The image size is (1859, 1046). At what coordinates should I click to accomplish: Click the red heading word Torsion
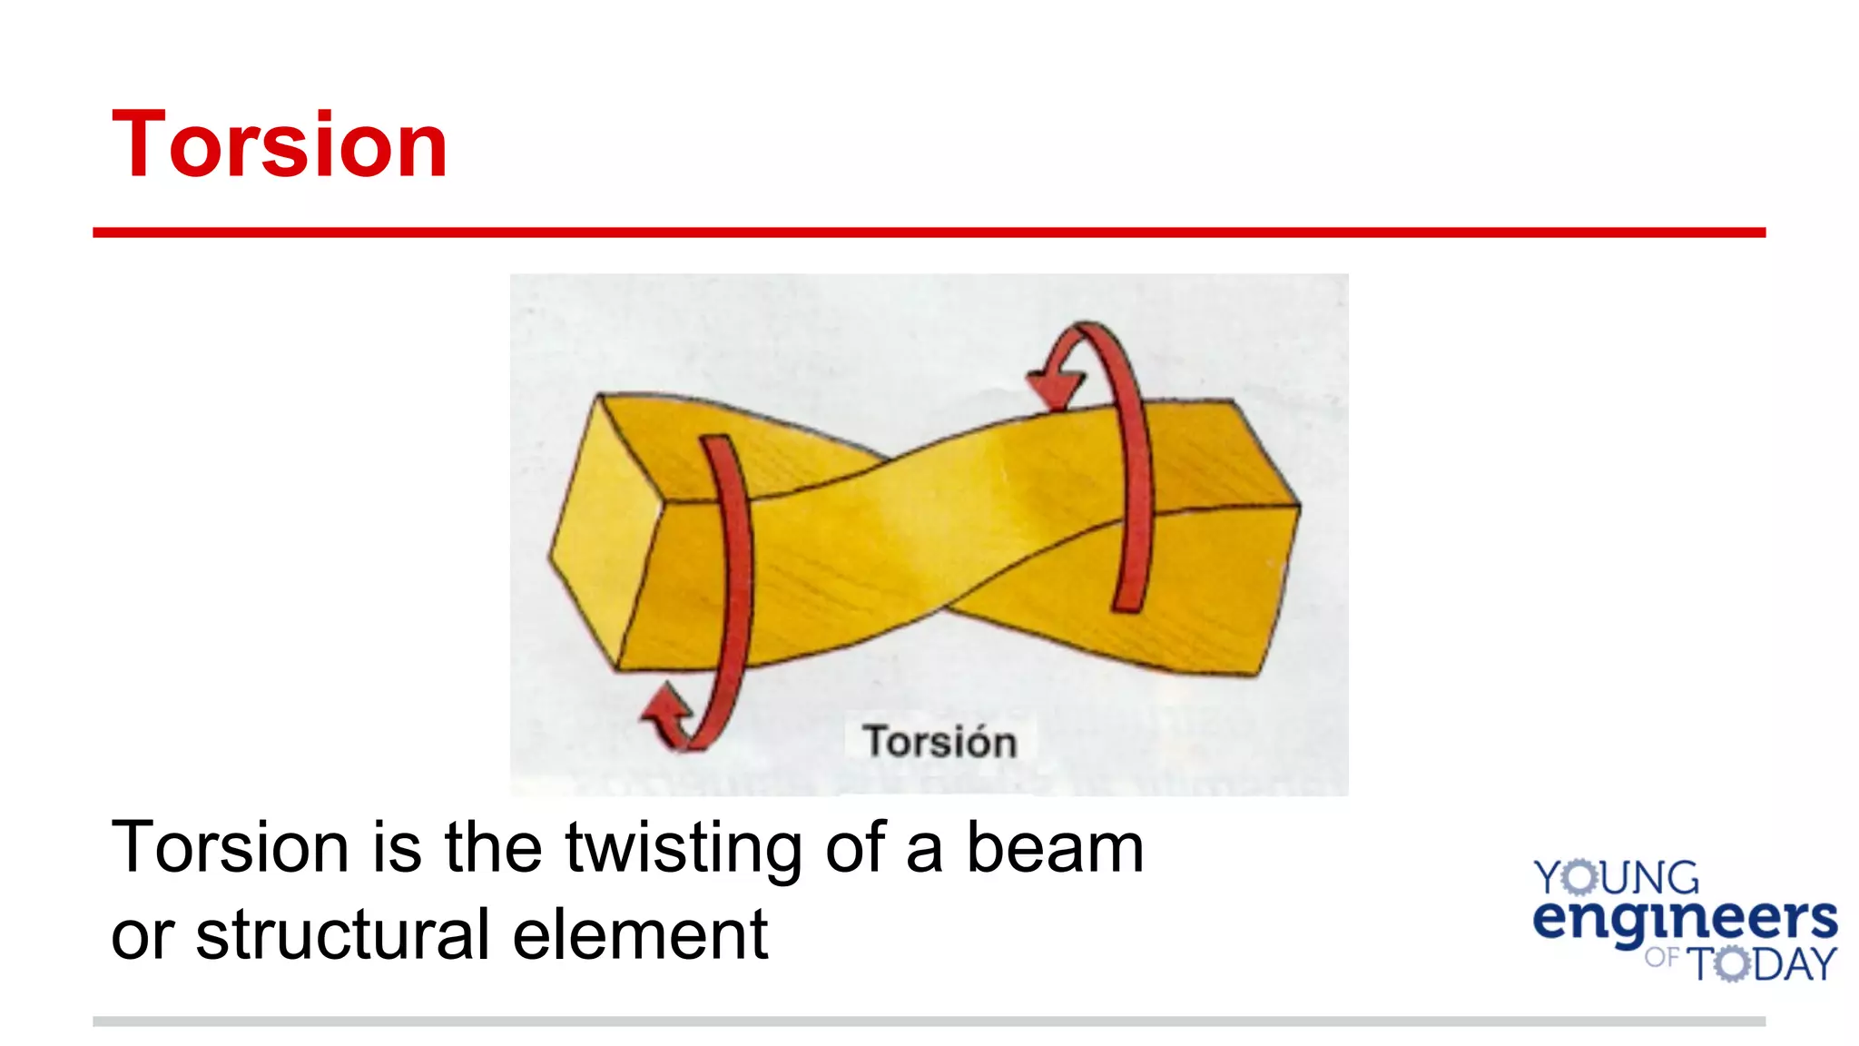[280, 144]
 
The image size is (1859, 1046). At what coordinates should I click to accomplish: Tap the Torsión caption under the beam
[939, 741]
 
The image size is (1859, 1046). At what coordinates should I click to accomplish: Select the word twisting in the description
[684, 849]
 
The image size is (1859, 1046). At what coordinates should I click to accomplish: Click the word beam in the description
[1054, 847]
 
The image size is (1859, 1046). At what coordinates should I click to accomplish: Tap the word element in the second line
[640, 934]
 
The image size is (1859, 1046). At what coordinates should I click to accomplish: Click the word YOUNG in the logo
[1616, 878]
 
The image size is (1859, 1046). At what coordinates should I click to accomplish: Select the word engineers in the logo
[1685, 920]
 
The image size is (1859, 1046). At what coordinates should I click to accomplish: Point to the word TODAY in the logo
[1761, 963]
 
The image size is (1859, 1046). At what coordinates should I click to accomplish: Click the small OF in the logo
[1661, 957]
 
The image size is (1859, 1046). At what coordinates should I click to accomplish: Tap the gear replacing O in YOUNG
[1580, 878]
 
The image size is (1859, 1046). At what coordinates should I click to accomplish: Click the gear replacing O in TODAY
[1732, 963]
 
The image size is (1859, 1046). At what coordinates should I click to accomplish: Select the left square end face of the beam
[604, 536]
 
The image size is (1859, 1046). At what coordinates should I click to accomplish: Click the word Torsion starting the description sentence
[230, 847]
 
